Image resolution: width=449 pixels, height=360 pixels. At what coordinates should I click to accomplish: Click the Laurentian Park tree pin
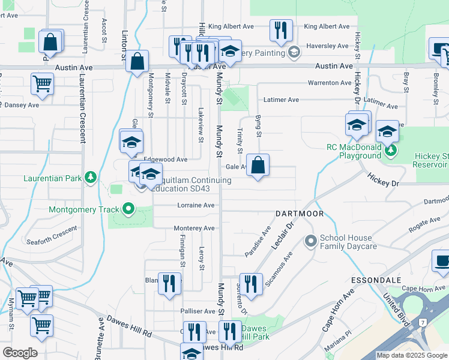[x=90, y=178]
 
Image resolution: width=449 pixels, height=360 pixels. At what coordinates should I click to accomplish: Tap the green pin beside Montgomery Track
[x=128, y=209]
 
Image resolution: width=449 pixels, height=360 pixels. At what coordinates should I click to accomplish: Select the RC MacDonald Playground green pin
[x=391, y=149]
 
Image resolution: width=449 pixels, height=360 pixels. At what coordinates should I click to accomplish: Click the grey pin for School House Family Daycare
[x=310, y=242]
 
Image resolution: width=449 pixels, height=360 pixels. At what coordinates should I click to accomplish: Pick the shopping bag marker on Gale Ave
[x=258, y=166]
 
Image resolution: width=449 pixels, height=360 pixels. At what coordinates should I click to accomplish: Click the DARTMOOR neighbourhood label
[x=300, y=214]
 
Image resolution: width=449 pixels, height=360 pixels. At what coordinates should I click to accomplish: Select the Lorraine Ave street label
[x=196, y=205]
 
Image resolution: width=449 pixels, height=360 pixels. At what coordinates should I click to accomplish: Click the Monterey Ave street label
[x=194, y=228]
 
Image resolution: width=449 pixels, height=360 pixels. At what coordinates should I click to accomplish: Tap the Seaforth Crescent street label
[x=52, y=236]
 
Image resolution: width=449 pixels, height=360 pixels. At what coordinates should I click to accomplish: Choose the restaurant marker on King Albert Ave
[x=281, y=31]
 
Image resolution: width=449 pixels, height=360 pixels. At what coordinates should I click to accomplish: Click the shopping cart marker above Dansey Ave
[x=42, y=84]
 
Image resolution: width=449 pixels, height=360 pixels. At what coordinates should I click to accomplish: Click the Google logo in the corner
[x=20, y=353]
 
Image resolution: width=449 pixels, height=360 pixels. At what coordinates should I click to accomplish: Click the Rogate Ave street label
[x=425, y=226]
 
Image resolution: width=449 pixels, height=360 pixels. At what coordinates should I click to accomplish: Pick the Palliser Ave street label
[x=197, y=311]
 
